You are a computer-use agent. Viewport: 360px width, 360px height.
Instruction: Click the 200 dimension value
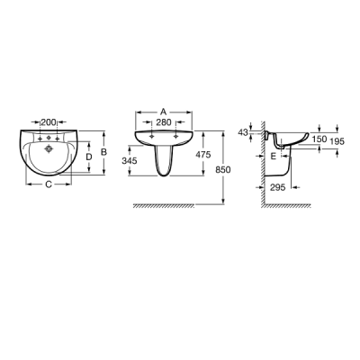coord(49,122)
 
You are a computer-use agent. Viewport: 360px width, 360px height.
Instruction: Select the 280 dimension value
coord(164,122)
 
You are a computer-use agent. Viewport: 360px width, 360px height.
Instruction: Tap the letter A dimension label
coord(163,112)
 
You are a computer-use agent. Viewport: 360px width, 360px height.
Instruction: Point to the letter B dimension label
coord(103,152)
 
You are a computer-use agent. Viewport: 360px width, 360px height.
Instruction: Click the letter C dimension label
coord(49,184)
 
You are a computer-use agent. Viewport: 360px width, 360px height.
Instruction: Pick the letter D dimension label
coord(89,157)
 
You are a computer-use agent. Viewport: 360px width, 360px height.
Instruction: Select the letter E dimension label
coord(273,156)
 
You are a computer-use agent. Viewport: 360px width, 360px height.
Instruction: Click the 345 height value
coord(130,161)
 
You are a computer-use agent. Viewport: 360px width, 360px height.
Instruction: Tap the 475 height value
coord(203,155)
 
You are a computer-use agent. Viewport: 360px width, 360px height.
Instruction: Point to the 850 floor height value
coord(223,170)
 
